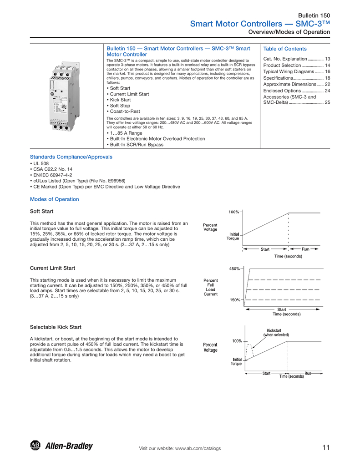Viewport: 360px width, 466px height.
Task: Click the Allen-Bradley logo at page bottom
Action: click(61, 446)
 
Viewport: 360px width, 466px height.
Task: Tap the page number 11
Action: click(325, 448)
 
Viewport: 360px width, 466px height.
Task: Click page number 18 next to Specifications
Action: click(327, 78)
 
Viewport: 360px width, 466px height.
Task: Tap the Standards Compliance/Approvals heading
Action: click(71, 157)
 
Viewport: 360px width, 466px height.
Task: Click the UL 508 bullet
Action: click(41, 163)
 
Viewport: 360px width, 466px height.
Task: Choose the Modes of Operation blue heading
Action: click(54, 199)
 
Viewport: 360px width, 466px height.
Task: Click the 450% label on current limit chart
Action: click(234, 269)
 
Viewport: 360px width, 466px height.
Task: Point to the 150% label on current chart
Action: click(234, 300)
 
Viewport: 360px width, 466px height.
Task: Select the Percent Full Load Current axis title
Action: click(210, 287)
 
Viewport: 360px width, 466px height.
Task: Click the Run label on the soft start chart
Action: click(305, 249)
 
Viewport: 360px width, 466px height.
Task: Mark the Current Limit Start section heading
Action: click(52, 268)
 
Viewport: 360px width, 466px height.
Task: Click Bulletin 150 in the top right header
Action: click(314, 15)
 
